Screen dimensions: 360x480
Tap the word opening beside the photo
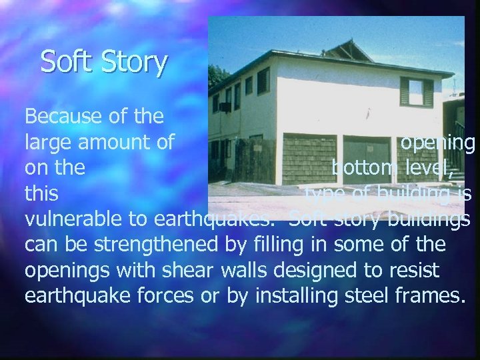pos(438,143)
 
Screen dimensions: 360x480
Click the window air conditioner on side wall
pos(225,107)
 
